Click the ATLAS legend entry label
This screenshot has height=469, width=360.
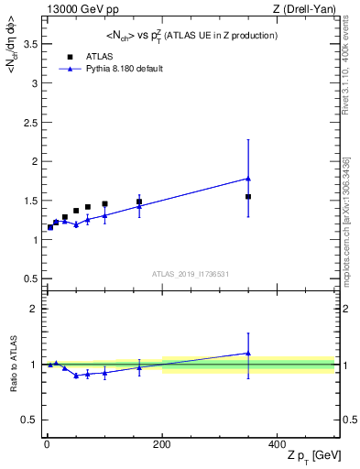pyautogui.click(x=97, y=56)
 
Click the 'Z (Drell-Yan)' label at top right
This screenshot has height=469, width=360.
pyautogui.click(x=308, y=9)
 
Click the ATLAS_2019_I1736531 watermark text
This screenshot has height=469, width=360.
pyautogui.click(x=191, y=273)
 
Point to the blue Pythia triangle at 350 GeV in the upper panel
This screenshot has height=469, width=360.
pyautogui.click(x=248, y=179)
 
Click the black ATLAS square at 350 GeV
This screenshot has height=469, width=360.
pyautogui.click(x=248, y=197)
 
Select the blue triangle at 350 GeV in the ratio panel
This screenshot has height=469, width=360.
pyautogui.click(x=248, y=353)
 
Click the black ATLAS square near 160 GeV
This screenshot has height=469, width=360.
pyautogui.click(x=139, y=202)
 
